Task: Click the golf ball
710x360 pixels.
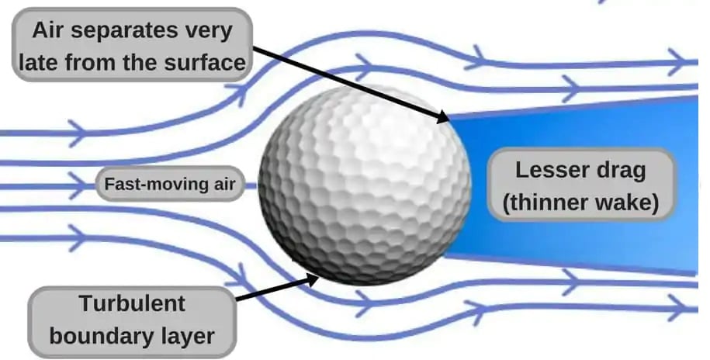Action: pos(365,185)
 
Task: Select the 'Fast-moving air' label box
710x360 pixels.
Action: pos(170,184)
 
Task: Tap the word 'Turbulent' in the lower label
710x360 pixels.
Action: pos(132,303)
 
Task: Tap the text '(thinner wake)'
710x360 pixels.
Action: pos(581,202)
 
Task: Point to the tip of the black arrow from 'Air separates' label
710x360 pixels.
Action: pos(449,121)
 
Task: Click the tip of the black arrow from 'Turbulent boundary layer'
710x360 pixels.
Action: pos(319,278)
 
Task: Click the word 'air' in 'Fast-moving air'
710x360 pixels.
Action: pos(225,185)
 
